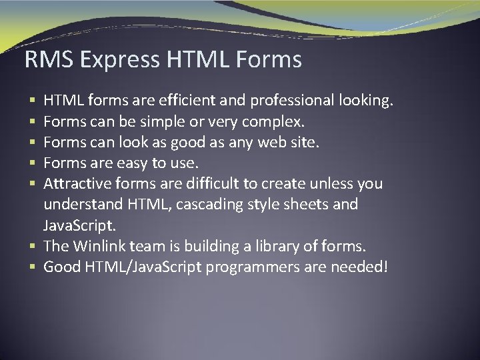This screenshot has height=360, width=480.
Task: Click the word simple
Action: [x=165, y=121]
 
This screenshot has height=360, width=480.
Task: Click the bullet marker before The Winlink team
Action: [x=33, y=247]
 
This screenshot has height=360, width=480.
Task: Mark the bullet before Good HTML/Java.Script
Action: [x=33, y=267]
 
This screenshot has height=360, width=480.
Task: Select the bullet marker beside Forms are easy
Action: [x=33, y=163]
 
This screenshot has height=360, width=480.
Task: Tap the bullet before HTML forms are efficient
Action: [x=33, y=101]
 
